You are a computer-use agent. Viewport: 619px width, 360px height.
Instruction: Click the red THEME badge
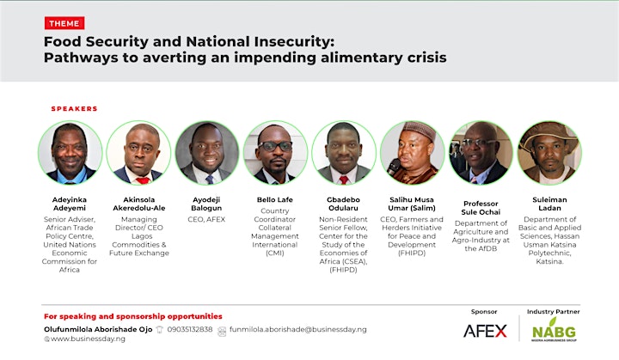[x=64, y=23]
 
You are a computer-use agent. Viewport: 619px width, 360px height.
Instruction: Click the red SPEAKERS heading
[x=74, y=108]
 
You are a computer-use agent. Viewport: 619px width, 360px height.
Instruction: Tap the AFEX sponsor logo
[x=485, y=331]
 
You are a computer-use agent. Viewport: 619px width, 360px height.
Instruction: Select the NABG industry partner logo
[x=554, y=331]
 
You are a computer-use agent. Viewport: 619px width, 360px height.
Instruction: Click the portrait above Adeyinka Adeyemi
[x=70, y=153]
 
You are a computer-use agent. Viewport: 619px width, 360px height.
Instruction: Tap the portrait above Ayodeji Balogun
[x=207, y=153]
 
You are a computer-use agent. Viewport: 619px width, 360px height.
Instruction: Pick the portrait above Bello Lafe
[x=275, y=153]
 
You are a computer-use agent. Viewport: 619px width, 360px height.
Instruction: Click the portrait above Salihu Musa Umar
[x=412, y=153]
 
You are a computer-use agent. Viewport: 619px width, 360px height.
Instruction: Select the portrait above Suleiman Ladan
[x=549, y=153]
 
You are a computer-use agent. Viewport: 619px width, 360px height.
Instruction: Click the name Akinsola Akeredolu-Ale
[x=139, y=204]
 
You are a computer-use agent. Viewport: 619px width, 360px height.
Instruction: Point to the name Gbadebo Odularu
[x=343, y=204]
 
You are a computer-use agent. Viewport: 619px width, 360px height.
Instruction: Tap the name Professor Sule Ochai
[x=481, y=208]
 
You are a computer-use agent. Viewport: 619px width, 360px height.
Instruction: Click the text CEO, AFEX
[x=206, y=219]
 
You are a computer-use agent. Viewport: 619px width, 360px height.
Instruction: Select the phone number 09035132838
[x=190, y=329]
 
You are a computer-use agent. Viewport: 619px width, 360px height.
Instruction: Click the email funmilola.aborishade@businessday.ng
[x=298, y=329]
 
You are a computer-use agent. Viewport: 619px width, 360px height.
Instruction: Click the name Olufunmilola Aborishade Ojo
[x=98, y=329]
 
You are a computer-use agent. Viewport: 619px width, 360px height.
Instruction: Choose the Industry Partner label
[x=553, y=311]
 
